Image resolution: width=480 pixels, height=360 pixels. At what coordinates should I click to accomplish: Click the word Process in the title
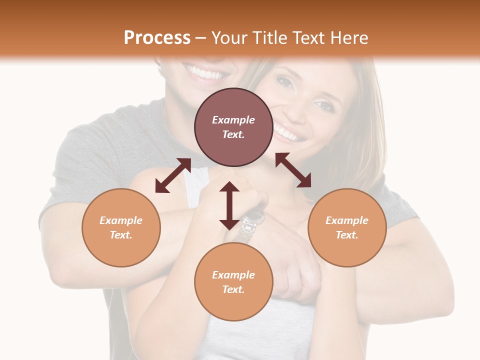tap(157, 38)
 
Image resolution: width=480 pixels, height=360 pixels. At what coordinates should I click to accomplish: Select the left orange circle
tap(121, 227)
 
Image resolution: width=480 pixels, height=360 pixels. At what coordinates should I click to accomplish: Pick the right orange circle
tap(347, 227)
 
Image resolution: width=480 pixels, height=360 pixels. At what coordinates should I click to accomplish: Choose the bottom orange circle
tap(233, 282)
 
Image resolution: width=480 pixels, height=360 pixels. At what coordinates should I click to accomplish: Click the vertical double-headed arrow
tap(229, 205)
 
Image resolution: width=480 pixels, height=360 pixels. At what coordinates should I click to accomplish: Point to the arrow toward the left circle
tap(173, 175)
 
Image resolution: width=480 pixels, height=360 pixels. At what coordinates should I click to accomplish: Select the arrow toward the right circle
tap(293, 170)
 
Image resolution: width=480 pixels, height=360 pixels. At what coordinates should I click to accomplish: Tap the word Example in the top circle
tap(233, 120)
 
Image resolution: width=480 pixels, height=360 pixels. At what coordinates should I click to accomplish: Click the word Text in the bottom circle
tap(233, 289)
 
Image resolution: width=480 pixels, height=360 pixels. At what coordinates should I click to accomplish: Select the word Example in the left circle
tap(121, 220)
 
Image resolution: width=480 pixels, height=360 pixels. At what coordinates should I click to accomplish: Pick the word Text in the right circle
tap(347, 235)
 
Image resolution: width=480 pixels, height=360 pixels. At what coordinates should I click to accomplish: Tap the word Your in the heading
tap(229, 38)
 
